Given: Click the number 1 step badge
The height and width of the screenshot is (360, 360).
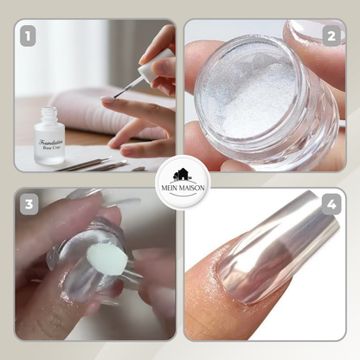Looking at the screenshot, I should tap(29, 36).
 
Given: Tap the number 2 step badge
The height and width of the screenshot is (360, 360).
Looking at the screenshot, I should tap(330, 36).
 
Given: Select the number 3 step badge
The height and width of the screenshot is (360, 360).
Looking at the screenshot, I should tap(29, 205).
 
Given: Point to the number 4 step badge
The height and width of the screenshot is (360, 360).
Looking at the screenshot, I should tap(330, 206).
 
